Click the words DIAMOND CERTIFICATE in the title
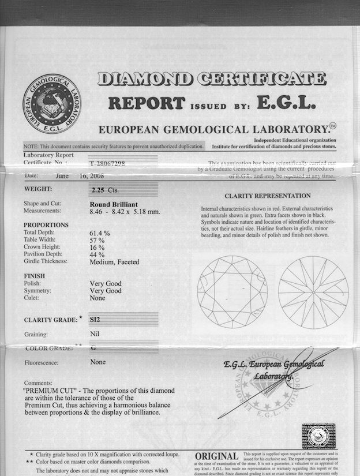[211, 78]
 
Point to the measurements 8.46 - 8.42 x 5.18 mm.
[125, 212]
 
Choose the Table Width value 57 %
[97, 240]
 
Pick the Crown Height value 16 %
[97, 248]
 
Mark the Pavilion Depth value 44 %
[97, 254]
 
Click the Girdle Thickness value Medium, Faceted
[114, 261]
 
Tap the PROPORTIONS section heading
[46, 225]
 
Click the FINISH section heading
[35, 276]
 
